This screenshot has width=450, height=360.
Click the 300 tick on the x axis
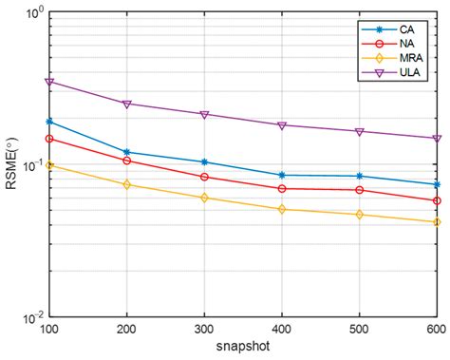pos(204,327)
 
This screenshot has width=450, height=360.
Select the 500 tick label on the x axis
pos(359,327)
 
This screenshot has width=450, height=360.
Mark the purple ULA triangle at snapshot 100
pos(50,82)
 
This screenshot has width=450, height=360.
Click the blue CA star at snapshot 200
pos(127,152)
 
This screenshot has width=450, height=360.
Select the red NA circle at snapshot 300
pos(204,177)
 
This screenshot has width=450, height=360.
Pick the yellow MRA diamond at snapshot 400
pos(282,209)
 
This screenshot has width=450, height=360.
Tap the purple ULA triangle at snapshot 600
pos(437,139)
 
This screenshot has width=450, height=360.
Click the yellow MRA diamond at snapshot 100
pos(50,164)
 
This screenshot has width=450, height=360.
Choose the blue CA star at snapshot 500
pos(359,176)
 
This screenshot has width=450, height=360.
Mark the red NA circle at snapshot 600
pos(437,200)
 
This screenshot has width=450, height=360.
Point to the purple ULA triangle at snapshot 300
pos(204,114)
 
